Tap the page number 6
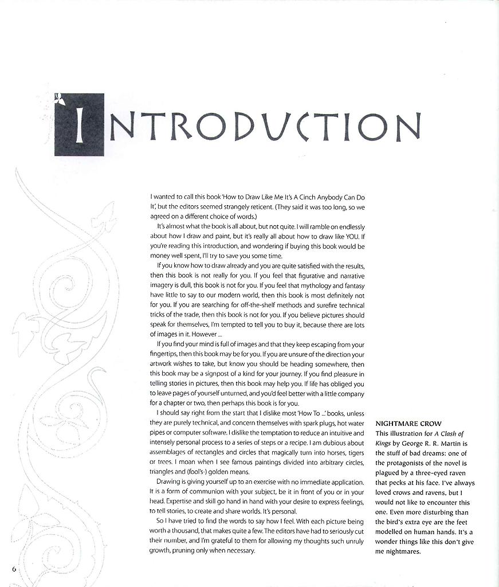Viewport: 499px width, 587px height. coord(13,568)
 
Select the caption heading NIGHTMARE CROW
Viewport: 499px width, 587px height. coord(408,424)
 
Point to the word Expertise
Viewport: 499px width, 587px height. coord(171,502)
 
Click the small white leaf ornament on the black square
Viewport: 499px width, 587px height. coord(59,100)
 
